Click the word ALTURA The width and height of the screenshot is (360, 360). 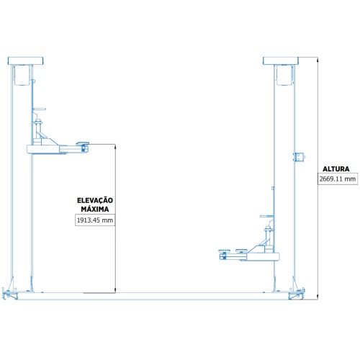(x=336, y=169)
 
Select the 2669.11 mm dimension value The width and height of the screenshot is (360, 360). (x=338, y=179)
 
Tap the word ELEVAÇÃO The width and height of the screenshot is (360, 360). (x=95, y=200)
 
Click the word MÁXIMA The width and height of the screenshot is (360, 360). (x=95, y=209)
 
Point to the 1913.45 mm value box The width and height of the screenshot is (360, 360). (x=95, y=220)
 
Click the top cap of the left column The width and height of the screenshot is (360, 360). (x=25, y=60)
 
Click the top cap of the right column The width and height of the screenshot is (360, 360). (x=281, y=60)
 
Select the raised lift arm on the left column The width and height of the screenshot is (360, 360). (x=58, y=149)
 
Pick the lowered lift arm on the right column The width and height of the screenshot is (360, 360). (x=249, y=256)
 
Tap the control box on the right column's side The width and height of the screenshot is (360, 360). (x=300, y=157)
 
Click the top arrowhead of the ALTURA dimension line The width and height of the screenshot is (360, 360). (x=318, y=59)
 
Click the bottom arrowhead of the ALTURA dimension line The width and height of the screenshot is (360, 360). (x=318, y=297)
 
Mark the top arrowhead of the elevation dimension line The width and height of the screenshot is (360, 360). (x=115, y=146)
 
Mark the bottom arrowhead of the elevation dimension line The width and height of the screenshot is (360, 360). (x=115, y=291)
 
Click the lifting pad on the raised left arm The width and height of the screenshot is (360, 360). (x=82, y=144)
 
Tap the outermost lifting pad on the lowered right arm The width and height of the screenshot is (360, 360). (x=225, y=251)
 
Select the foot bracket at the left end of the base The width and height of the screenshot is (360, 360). (x=9, y=294)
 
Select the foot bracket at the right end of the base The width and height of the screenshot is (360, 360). (x=297, y=294)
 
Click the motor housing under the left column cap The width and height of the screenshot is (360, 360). (x=22, y=76)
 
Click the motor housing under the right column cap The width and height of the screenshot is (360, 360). (x=284, y=76)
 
